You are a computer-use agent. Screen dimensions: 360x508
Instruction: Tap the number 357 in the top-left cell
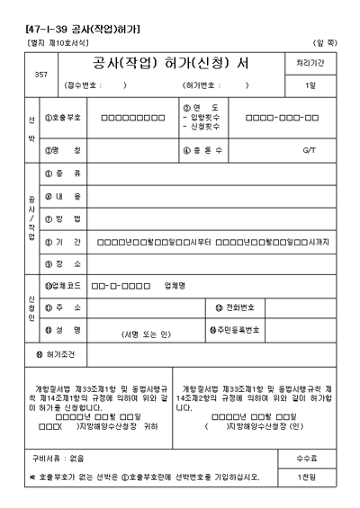(40, 74)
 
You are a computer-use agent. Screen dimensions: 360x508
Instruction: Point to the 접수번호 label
(82, 85)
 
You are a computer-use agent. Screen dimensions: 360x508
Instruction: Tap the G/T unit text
(309, 149)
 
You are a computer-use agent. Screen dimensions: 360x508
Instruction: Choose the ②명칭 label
(64, 149)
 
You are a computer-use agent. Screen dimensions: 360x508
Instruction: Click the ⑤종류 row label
(63, 172)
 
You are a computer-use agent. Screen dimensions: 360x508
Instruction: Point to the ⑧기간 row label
(63, 242)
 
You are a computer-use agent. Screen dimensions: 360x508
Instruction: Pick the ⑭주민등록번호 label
(235, 330)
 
